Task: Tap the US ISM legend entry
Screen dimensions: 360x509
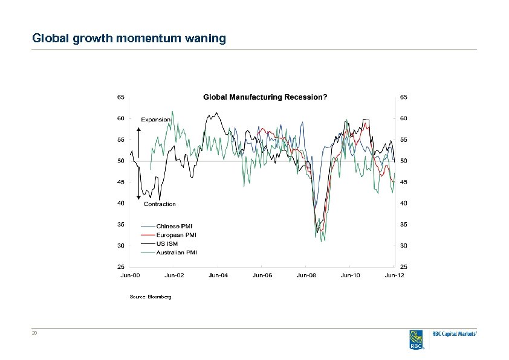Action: [x=168, y=243]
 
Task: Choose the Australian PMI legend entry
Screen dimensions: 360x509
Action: [x=177, y=252]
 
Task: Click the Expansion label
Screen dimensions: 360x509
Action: [x=157, y=120]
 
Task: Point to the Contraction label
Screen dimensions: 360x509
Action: [x=160, y=204]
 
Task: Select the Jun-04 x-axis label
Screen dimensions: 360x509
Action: [x=218, y=275]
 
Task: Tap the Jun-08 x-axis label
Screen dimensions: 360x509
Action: [x=306, y=275]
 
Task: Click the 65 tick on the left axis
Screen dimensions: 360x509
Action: [x=120, y=97]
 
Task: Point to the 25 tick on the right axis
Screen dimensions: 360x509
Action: [x=403, y=266]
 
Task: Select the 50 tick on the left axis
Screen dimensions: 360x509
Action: [x=120, y=161]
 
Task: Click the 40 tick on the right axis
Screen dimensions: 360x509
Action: [x=403, y=203]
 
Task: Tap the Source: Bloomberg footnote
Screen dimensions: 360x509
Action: [x=151, y=297]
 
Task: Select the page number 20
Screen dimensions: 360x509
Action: [x=35, y=333]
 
